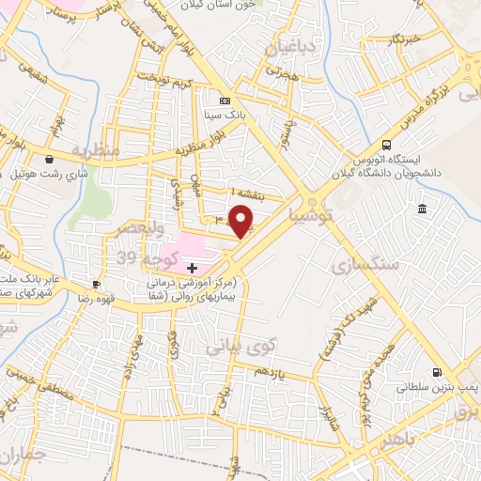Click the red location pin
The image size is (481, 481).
(241, 222)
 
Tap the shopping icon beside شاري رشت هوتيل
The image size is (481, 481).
(48, 159)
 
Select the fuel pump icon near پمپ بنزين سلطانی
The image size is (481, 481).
(437, 371)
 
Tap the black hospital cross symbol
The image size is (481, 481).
(194, 269)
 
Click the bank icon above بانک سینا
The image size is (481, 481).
(224, 101)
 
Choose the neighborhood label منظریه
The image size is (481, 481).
(95, 150)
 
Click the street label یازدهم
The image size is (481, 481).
(272, 374)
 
